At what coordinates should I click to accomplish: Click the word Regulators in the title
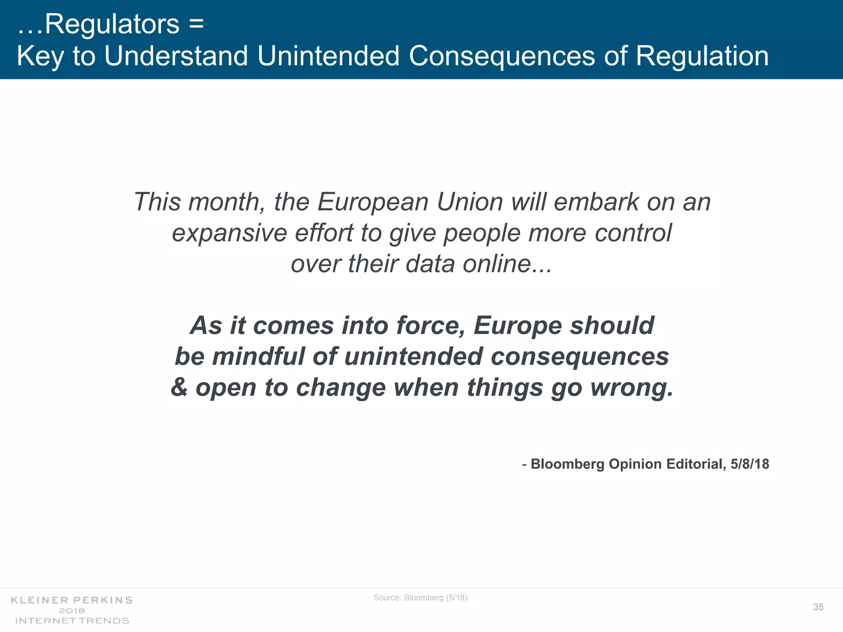(x=112, y=24)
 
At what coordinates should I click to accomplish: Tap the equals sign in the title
(x=197, y=24)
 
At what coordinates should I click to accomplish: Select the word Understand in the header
(x=176, y=56)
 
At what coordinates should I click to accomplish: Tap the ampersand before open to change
(x=179, y=388)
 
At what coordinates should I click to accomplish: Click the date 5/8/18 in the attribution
(x=750, y=464)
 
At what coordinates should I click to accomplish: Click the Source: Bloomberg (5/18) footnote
(x=421, y=598)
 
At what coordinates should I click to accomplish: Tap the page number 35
(x=818, y=607)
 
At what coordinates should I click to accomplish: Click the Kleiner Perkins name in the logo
(x=72, y=600)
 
